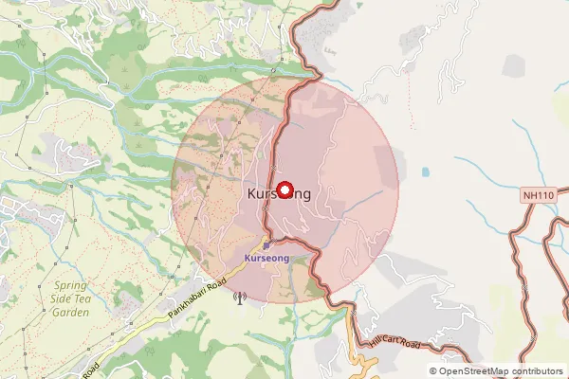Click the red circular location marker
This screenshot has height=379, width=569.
[284, 189]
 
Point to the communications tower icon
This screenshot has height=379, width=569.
[238, 299]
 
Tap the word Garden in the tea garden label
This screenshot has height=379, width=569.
[71, 312]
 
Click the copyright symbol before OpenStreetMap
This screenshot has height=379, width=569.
[433, 371]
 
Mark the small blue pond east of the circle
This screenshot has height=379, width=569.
[425, 172]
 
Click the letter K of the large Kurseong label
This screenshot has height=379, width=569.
[251, 193]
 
